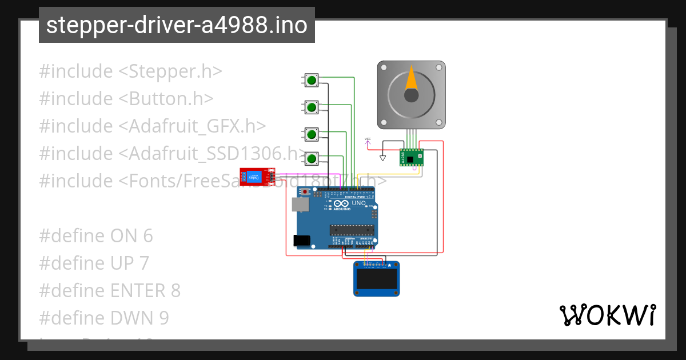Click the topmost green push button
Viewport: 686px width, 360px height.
pyautogui.click(x=312, y=80)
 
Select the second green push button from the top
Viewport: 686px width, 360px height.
pyautogui.click(x=312, y=107)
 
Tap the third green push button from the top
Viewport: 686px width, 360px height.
pyautogui.click(x=312, y=134)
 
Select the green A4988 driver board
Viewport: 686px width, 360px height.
pyautogui.click(x=412, y=157)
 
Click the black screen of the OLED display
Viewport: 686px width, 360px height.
pyautogui.click(x=376, y=279)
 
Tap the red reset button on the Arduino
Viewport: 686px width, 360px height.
pyautogui.click(x=306, y=191)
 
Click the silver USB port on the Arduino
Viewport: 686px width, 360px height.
pyautogui.click(x=299, y=205)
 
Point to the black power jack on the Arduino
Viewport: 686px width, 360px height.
pyautogui.click(x=301, y=241)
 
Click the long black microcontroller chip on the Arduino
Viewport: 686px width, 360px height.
pyautogui.click(x=352, y=230)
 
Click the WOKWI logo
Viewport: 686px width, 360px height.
pyautogui.click(x=607, y=315)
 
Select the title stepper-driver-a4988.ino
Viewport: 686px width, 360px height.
pyautogui.click(x=177, y=25)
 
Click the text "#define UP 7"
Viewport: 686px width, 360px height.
pyautogui.click(x=94, y=263)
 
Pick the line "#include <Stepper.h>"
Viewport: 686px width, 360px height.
pyautogui.click(x=130, y=71)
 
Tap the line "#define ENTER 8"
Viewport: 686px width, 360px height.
pyautogui.click(x=110, y=291)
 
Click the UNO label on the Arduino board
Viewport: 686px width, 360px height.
pyautogui.click(x=358, y=203)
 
